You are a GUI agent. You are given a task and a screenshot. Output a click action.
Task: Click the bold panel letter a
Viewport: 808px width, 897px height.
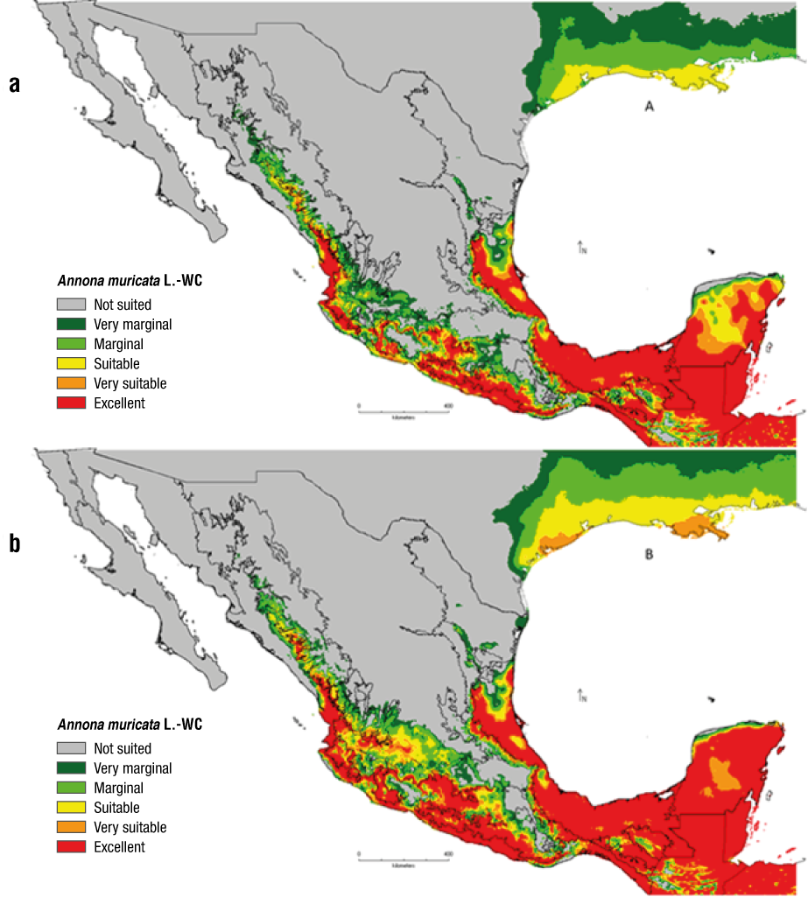[14, 85]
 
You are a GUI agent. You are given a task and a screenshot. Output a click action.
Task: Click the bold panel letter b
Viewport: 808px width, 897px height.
[14, 543]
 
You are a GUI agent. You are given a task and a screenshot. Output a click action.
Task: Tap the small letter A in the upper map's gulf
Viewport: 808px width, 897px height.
[649, 107]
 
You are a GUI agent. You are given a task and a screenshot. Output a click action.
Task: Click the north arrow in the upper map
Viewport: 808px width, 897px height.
[581, 248]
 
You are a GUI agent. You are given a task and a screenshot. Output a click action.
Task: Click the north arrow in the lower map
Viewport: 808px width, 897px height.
[581, 697]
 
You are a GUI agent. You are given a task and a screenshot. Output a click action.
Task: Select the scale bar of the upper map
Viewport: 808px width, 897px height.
[404, 408]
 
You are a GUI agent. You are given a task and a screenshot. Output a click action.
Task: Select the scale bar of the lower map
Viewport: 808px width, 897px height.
[404, 854]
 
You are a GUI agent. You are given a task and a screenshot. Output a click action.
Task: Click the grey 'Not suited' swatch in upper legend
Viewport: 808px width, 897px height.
[72, 305]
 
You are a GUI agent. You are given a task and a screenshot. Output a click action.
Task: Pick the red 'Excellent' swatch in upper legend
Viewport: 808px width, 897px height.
[72, 403]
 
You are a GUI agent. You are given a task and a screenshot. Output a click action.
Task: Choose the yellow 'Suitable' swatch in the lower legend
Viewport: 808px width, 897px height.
[72, 807]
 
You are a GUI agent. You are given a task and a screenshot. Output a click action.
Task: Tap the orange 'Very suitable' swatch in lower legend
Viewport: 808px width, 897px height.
[72, 827]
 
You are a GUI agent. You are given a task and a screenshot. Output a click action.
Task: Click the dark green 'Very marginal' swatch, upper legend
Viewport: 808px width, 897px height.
[72, 325]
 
